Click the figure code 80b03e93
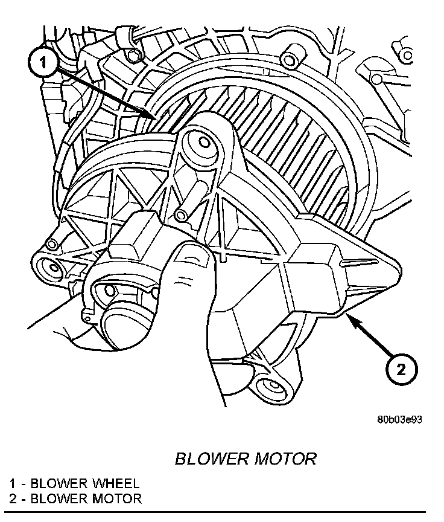pos(399,420)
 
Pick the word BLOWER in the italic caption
pos(208,459)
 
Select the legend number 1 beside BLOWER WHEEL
pos(12,483)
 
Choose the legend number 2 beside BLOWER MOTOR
pos(12,498)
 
